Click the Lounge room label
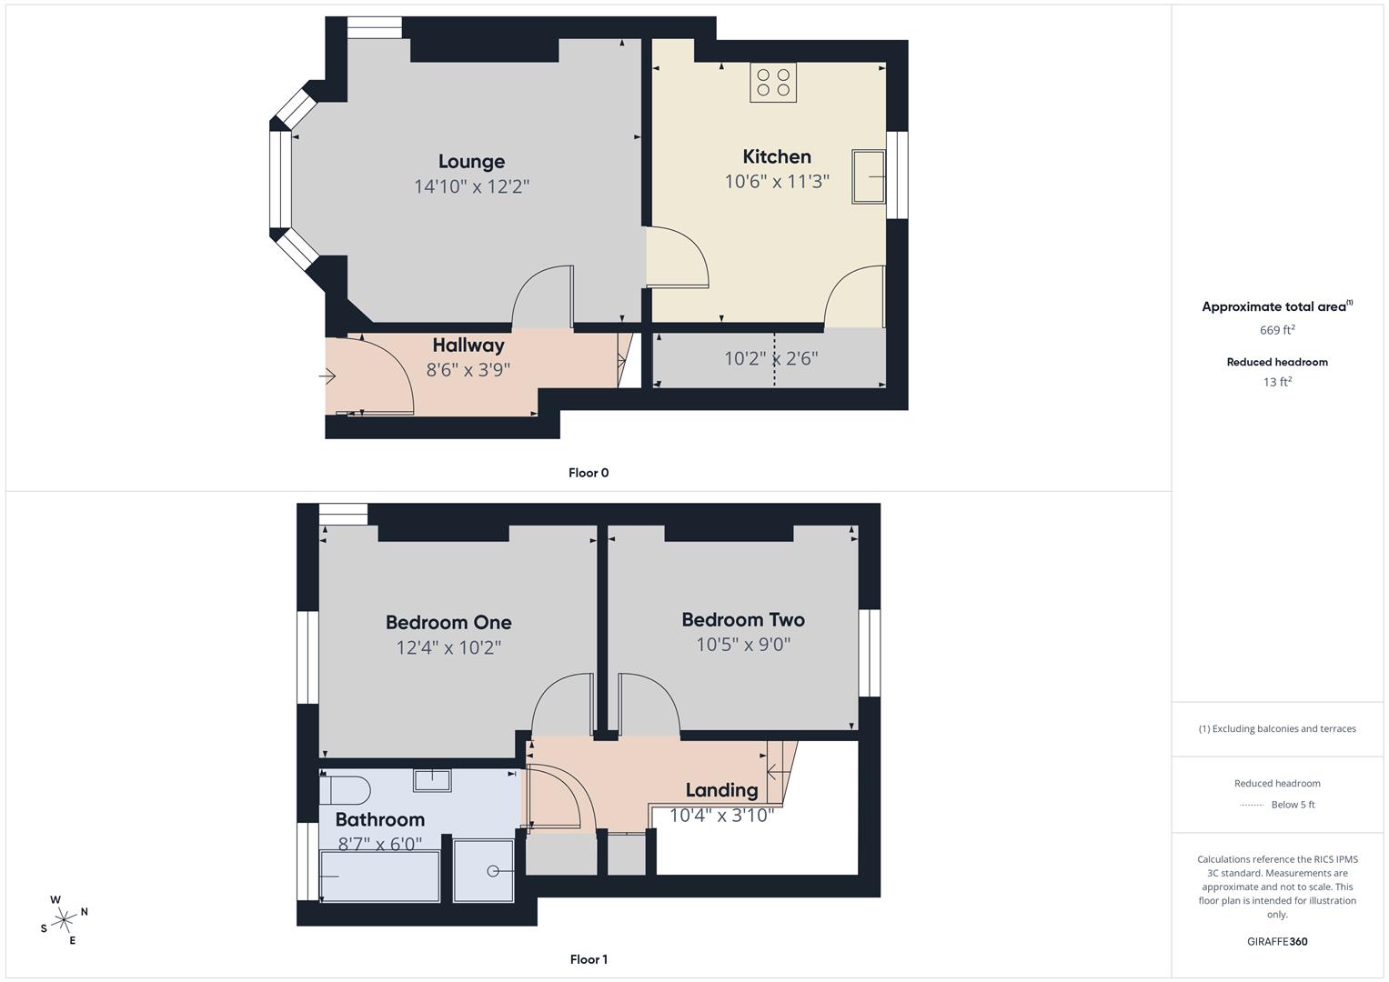tap(471, 162)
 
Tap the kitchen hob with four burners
tap(773, 82)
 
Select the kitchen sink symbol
tap(869, 176)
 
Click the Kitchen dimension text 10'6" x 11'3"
tap(777, 182)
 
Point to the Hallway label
tap(468, 346)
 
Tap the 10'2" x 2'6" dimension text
tap(770, 358)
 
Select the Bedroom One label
tap(448, 623)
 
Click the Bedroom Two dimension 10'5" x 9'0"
tap(743, 645)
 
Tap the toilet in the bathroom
tap(344, 788)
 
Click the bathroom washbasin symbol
tap(432, 780)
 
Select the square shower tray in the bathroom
tap(483, 870)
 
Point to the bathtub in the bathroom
tap(380, 876)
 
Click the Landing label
tap(721, 790)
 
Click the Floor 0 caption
tap(589, 473)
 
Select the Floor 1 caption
tap(589, 959)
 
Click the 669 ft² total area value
tap(1277, 330)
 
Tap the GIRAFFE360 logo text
tap(1277, 941)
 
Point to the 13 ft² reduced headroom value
tap(1277, 382)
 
